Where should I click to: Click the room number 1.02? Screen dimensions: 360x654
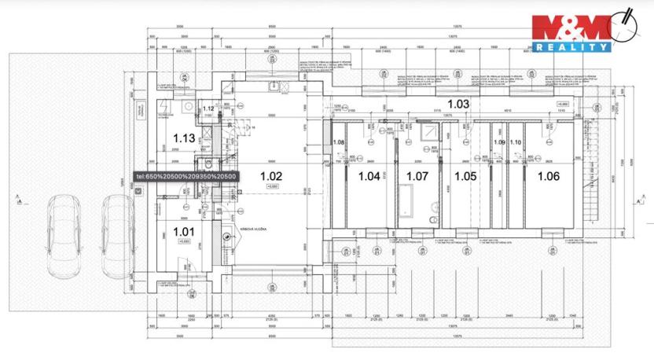pos(270,176)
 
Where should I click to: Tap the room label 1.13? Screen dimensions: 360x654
pos(183,138)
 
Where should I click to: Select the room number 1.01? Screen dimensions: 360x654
pos(183,231)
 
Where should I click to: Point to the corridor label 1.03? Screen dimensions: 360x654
pos(458,104)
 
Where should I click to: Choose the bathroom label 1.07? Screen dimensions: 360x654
pos(416,176)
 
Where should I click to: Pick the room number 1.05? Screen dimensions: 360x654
pos(465,176)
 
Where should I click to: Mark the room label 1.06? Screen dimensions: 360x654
pos(548,176)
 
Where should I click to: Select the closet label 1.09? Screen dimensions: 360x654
pos(498,142)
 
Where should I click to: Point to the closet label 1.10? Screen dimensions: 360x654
pos(516,142)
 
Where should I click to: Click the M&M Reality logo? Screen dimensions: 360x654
pos(582,31)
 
